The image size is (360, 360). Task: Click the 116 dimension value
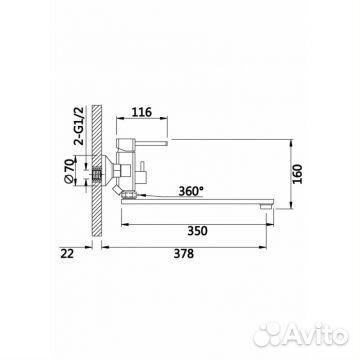(x=142, y=112)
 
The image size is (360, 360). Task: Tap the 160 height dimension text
(x=298, y=174)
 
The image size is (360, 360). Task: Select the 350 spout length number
(x=197, y=231)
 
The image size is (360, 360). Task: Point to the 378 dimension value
(x=184, y=254)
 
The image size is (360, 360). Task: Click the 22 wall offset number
(x=67, y=254)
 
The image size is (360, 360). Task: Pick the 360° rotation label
(x=191, y=191)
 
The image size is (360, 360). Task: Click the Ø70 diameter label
(x=69, y=171)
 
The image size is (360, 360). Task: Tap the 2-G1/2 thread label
(x=80, y=126)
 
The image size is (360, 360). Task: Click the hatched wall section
(x=97, y=171)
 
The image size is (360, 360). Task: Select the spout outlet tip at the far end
(x=267, y=207)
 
